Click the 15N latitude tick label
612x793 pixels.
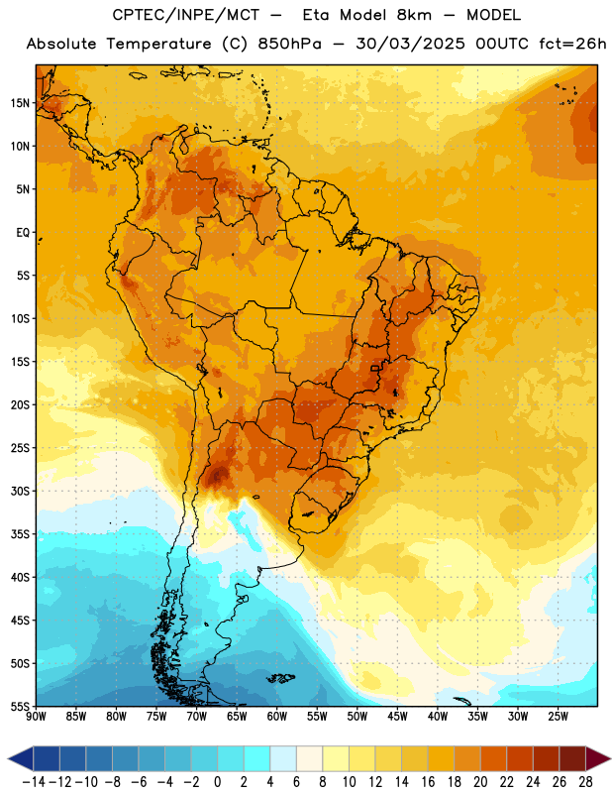[20, 103]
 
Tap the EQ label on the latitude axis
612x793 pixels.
[23, 233]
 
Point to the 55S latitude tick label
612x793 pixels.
[20, 706]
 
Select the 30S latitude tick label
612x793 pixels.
[20, 491]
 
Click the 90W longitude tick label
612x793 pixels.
[37, 716]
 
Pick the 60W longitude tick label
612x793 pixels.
[277, 716]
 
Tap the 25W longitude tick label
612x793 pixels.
[558, 716]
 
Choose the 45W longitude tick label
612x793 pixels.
[398, 716]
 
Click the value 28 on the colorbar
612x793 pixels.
[585, 782]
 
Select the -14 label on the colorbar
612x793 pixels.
[35, 782]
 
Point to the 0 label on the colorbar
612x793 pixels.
[218, 782]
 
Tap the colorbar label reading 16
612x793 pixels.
[428, 782]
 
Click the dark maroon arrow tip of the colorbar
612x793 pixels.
[598, 758]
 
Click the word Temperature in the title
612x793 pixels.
[158, 44]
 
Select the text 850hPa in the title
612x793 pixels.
[289, 44]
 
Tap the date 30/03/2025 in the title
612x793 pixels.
[410, 44]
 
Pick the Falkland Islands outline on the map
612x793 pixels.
[280, 678]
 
